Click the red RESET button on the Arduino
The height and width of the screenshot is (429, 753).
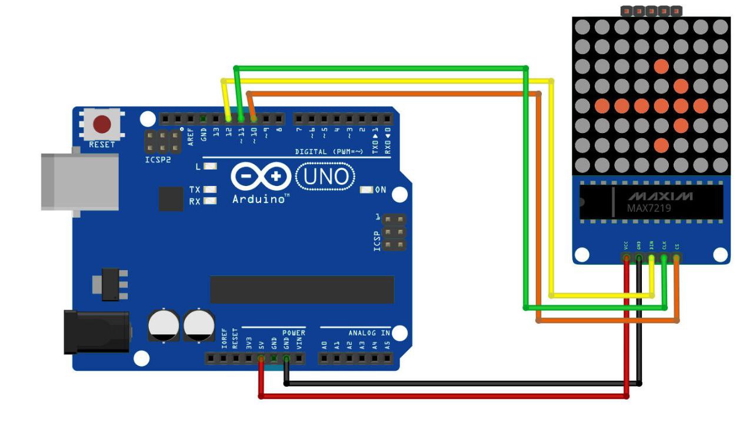102,124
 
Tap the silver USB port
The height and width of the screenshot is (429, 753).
79,182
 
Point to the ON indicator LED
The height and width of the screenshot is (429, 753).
366,189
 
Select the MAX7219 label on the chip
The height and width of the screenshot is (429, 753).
649,208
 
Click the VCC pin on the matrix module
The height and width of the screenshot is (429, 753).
627,258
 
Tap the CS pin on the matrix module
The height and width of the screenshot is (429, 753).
677,258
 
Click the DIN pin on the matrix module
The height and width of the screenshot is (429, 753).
652,258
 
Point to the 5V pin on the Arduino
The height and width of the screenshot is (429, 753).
261,358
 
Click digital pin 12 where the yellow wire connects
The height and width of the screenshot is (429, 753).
228,119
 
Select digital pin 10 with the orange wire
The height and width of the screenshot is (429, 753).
254,119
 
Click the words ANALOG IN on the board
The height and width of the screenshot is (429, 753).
369,332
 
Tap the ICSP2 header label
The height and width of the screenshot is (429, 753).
158,159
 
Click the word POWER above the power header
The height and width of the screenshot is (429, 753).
293,332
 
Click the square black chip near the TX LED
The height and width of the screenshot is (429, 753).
171,199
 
